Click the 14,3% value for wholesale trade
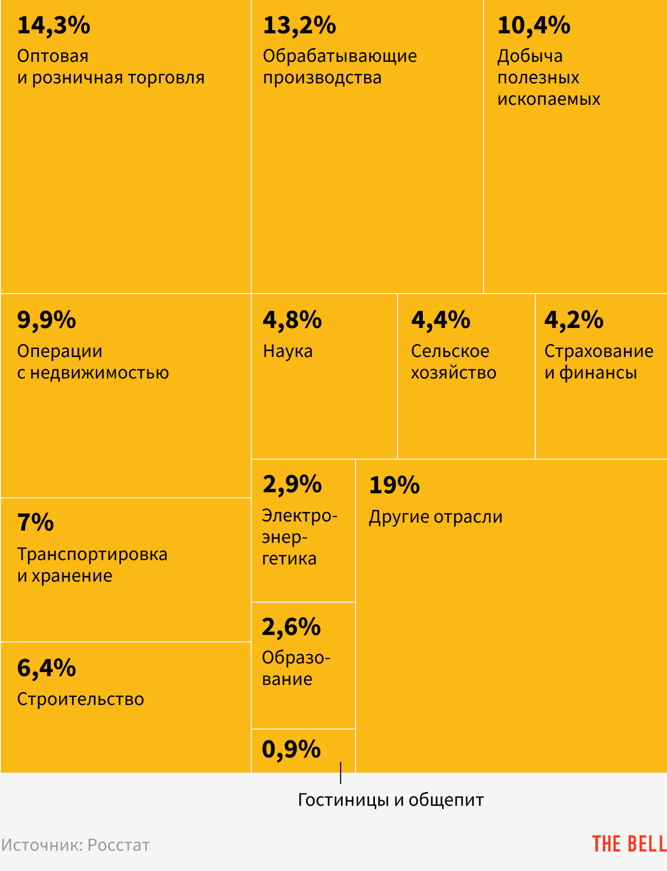pyautogui.click(x=54, y=26)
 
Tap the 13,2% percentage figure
pyautogui.click(x=299, y=26)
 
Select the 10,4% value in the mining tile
pyautogui.click(x=534, y=26)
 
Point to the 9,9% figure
pyautogui.click(x=46, y=320)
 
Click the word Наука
pyautogui.click(x=288, y=351)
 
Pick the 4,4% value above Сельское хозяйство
pyautogui.click(x=441, y=320)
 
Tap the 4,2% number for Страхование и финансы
pyautogui.click(x=573, y=320)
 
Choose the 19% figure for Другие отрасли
pyautogui.click(x=394, y=486)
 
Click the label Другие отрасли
pyautogui.click(x=436, y=517)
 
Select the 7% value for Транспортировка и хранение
pyautogui.click(x=36, y=523)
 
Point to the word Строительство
pyautogui.click(x=81, y=699)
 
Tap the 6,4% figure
pyautogui.click(x=46, y=668)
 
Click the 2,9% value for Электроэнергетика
pyautogui.click(x=292, y=484)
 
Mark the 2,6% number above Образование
pyautogui.click(x=291, y=627)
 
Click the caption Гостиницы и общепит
pyautogui.click(x=391, y=800)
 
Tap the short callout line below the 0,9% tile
pyautogui.click(x=340, y=773)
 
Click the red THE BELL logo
pyautogui.click(x=629, y=844)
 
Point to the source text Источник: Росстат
pyautogui.click(x=75, y=845)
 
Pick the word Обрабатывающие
pyautogui.click(x=340, y=56)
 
